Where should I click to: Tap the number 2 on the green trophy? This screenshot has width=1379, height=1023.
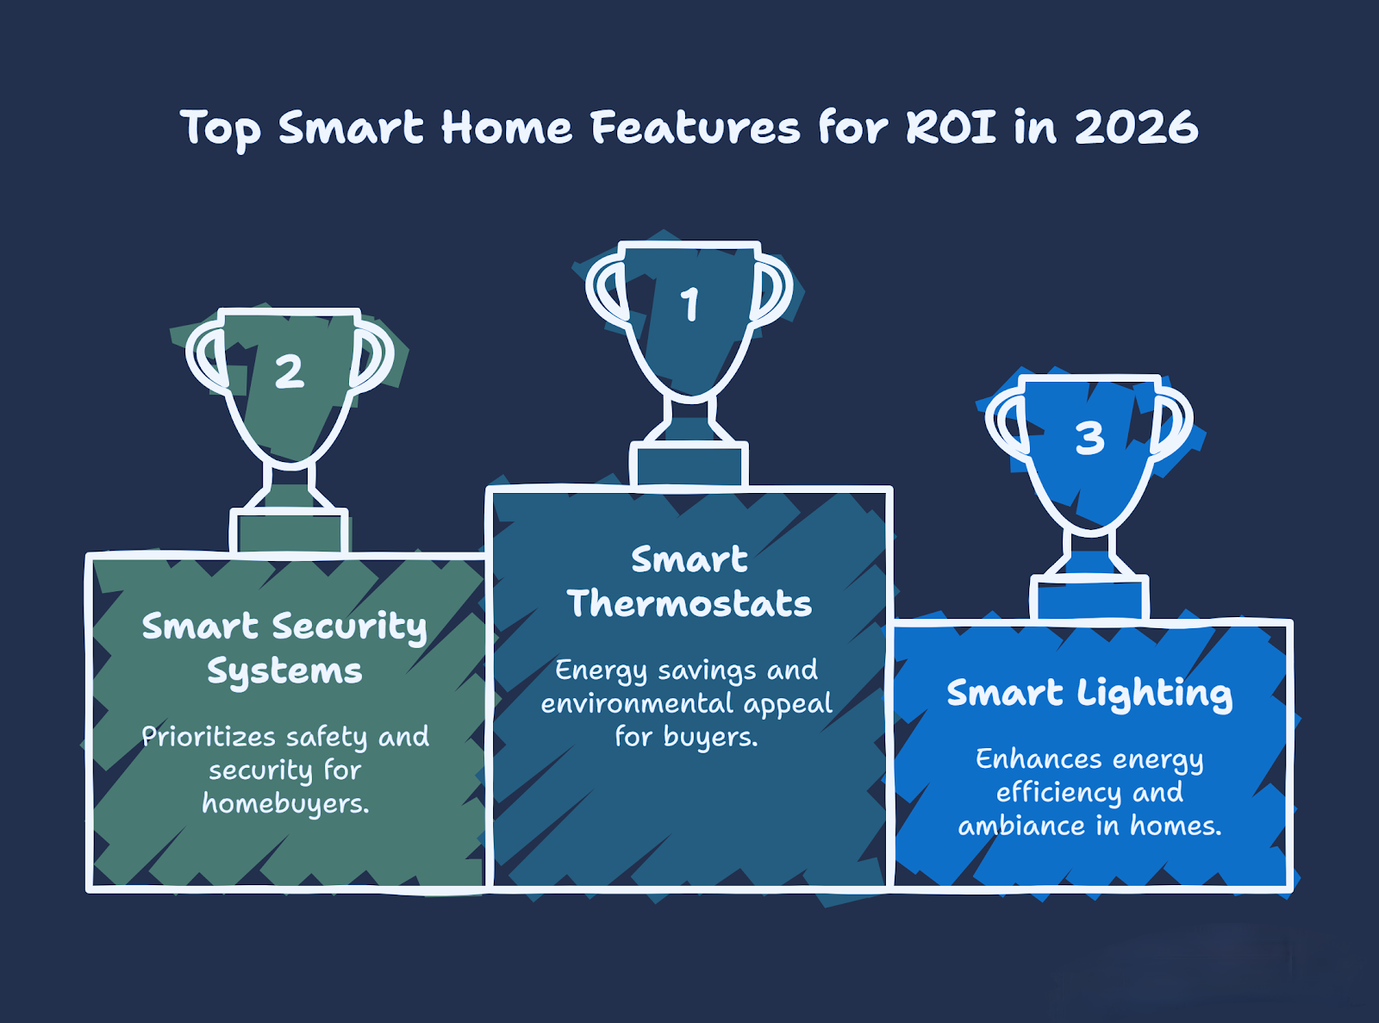click(x=290, y=372)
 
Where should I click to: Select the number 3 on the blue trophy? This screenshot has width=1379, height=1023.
click(x=1089, y=438)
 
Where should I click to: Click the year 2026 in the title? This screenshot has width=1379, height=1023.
click(x=1135, y=128)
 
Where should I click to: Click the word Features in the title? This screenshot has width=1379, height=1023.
click(x=695, y=128)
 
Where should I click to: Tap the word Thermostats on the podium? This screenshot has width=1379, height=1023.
click(x=689, y=604)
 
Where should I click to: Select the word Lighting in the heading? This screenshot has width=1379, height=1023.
click(x=1154, y=694)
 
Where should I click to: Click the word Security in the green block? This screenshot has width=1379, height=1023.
click(x=350, y=627)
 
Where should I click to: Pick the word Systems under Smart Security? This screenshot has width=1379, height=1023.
click(x=284, y=671)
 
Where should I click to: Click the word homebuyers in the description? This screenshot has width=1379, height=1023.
click(x=285, y=803)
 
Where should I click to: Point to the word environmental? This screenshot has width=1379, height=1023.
click(x=637, y=703)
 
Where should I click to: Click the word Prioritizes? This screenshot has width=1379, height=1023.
click(x=209, y=736)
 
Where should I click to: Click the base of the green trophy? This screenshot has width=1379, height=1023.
click(x=289, y=531)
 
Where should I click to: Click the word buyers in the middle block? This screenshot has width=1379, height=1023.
click(x=711, y=738)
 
